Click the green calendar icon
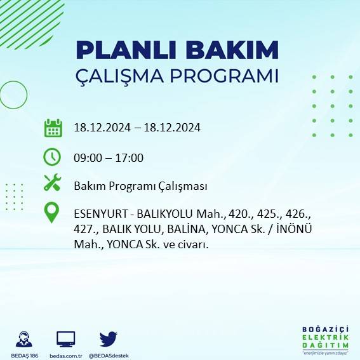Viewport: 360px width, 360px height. coord(53,128)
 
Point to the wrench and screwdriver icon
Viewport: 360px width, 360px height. coord(52,183)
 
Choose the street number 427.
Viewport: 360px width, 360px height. coord(84,229)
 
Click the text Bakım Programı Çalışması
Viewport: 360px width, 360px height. coord(140,186)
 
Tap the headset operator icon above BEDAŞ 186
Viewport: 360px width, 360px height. coord(25,338)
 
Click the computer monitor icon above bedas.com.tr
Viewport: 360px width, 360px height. coord(66,338)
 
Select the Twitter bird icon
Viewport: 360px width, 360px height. coord(109,338)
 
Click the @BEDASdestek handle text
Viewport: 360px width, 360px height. coord(109,355)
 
